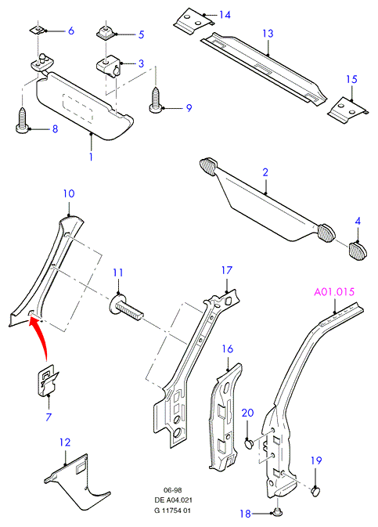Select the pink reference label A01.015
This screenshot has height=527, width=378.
334,291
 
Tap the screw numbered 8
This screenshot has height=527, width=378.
23,120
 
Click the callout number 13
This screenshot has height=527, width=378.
268,33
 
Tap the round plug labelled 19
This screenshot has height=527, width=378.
315,491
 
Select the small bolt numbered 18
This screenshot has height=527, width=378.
278,512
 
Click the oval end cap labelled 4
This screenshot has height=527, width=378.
357,251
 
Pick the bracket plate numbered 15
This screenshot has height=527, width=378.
347,110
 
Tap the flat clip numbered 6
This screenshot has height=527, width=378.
38,31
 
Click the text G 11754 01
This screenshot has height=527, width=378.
173,511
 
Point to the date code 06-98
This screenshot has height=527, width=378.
173,490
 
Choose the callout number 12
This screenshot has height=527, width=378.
65,442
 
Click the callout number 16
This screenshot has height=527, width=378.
228,349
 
